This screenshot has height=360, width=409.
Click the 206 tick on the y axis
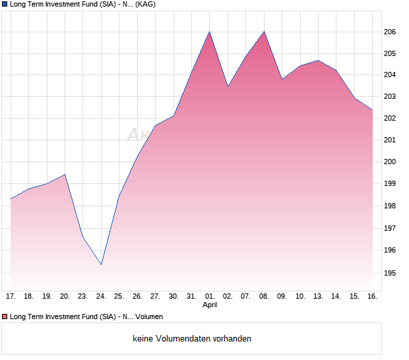[390, 32]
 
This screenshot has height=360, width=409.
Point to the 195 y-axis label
[390, 272]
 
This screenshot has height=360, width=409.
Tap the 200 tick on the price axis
[390, 162]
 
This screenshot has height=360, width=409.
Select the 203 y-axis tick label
[390, 97]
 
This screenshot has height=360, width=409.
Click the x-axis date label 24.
[101, 297]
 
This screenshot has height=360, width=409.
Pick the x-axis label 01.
[210, 297]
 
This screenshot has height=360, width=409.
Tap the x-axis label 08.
[264, 297]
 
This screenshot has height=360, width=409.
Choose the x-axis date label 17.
[11, 297]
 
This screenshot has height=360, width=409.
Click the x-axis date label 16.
[372, 297]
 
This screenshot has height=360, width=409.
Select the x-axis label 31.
[191, 297]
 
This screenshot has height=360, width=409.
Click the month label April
[210, 305]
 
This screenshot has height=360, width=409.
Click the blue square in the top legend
[5, 5]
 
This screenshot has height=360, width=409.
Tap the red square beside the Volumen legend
[5, 317]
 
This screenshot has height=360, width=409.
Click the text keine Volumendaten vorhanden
[192, 339]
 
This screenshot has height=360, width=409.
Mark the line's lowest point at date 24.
[101, 264]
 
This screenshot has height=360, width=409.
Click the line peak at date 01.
[210, 32]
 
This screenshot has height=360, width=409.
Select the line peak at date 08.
[264, 32]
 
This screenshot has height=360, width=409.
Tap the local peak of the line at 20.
[65, 174]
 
